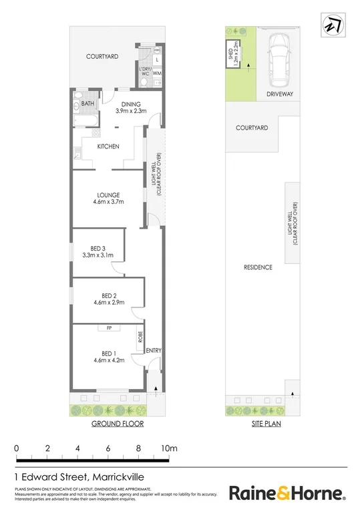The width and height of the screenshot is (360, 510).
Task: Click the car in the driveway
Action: click(x=279, y=58)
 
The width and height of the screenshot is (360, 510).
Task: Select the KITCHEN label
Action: click(x=108, y=146)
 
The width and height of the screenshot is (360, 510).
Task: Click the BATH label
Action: click(x=88, y=104)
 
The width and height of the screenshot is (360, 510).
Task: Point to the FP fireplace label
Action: click(x=107, y=328)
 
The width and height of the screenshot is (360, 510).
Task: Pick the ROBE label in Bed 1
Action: click(x=140, y=338)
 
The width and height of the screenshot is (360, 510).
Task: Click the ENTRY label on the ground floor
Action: click(x=154, y=350)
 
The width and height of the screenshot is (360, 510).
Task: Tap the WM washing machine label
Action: click(x=157, y=74)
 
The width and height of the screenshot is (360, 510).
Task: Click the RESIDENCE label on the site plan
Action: click(x=258, y=267)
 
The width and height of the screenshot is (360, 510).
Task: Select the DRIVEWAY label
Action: click(x=279, y=94)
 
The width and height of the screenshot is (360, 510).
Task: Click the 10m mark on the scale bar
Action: click(x=168, y=447)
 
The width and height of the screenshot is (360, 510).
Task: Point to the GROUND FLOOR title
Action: click(x=118, y=424)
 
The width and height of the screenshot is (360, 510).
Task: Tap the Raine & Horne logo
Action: click(x=287, y=493)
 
